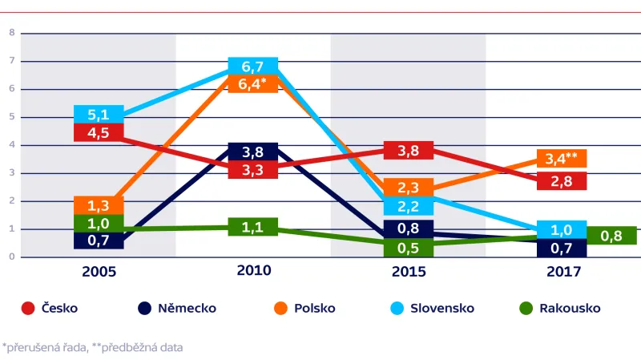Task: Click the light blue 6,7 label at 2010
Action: (253, 66)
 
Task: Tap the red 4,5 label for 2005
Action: (99, 132)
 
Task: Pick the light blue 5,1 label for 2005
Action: (99, 114)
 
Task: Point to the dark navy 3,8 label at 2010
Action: (253, 152)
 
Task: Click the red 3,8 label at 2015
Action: (409, 150)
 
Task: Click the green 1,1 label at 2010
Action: (253, 227)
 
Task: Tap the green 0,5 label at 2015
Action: (409, 248)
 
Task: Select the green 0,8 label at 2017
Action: (612, 235)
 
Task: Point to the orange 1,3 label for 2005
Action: (99, 205)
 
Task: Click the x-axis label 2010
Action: (253, 271)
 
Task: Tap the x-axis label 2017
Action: (563, 272)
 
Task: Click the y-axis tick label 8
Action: (12, 33)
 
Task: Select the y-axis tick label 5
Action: (12, 117)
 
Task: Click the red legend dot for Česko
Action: (28, 308)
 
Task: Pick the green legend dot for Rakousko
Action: (526, 308)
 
